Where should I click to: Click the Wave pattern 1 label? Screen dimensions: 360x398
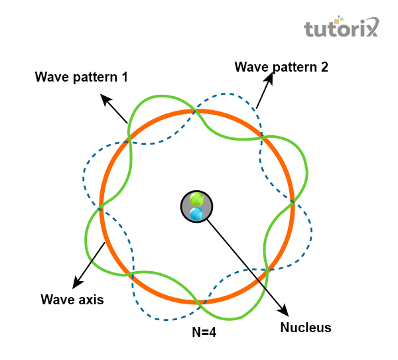81,77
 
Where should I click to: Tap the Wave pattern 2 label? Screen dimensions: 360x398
281,66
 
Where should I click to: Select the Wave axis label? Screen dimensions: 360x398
72,299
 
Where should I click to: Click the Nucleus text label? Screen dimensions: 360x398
305,327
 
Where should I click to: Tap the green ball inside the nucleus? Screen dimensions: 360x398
196,200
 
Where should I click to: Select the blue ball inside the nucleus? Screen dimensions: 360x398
196,213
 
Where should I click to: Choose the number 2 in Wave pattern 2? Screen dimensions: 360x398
324,66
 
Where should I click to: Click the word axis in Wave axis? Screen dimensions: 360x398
90,299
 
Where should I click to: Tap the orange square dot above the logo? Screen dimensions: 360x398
337,21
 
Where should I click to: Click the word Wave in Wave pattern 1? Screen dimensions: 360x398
50,77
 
